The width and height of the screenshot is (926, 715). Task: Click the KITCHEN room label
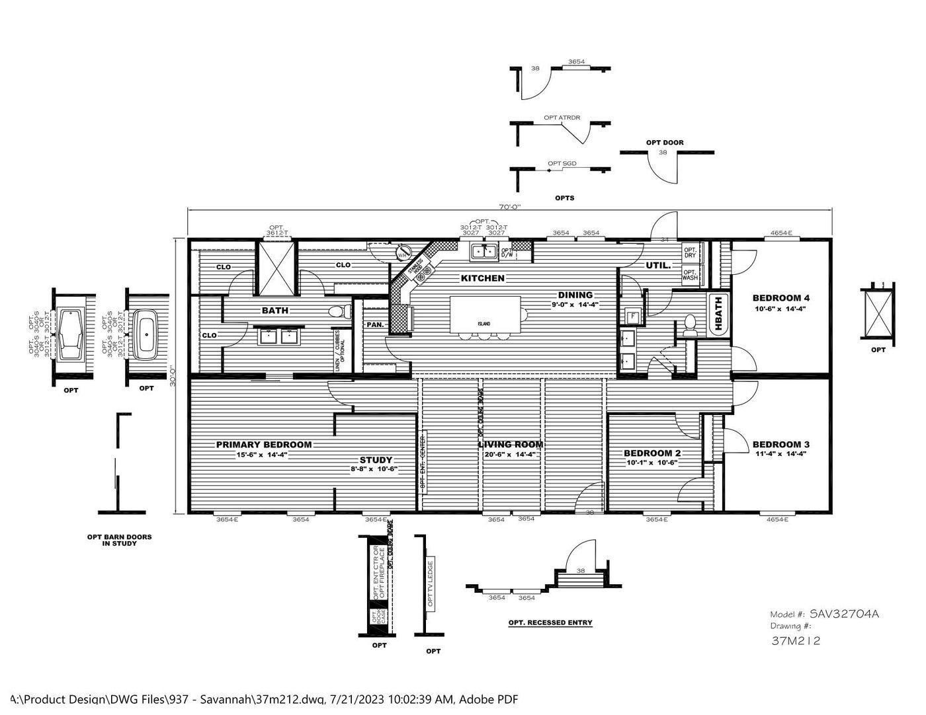click(x=482, y=278)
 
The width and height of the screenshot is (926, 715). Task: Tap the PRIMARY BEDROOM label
click(x=264, y=445)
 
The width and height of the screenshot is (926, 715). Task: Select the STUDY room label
click(x=376, y=460)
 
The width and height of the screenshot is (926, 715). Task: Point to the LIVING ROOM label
click(x=511, y=445)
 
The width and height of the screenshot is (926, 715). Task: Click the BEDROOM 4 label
click(x=780, y=298)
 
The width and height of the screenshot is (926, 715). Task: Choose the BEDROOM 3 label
click(x=780, y=445)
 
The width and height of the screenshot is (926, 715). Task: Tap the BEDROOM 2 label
click(x=652, y=453)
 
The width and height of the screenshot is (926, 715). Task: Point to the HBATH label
click(x=718, y=309)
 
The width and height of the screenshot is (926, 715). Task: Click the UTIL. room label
click(x=658, y=266)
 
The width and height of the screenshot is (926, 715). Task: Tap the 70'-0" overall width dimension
click(x=509, y=207)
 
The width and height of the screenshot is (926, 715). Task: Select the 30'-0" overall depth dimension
click(x=173, y=377)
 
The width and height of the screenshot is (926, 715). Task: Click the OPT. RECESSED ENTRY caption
click(x=550, y=622)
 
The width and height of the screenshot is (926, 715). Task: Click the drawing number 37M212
click(x=796, y=640)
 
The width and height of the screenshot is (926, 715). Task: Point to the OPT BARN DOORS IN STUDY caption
click(x=119, y=540)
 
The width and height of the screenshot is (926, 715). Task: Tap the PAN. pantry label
click(x=376, y=325)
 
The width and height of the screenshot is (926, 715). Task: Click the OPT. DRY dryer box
click(x=690, y=252)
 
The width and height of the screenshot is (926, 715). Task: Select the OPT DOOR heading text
click(x=665, y=143)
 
